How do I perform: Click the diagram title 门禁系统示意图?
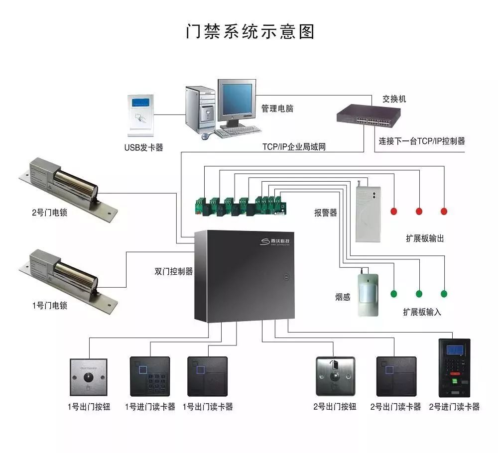tap(250, 31)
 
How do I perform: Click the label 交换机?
tap(394, 99)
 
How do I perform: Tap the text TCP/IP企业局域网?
tap(294, 147)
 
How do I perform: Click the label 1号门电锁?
tap(49, 306)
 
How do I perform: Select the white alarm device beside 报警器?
tap(368, 212)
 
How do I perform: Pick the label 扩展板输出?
tap(425, 238)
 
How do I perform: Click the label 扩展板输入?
tap(422, 312)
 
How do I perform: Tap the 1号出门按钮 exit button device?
tap(88, 377)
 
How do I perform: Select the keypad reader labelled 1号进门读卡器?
tap(150, 376)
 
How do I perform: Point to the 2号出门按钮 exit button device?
tap(335, 376)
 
